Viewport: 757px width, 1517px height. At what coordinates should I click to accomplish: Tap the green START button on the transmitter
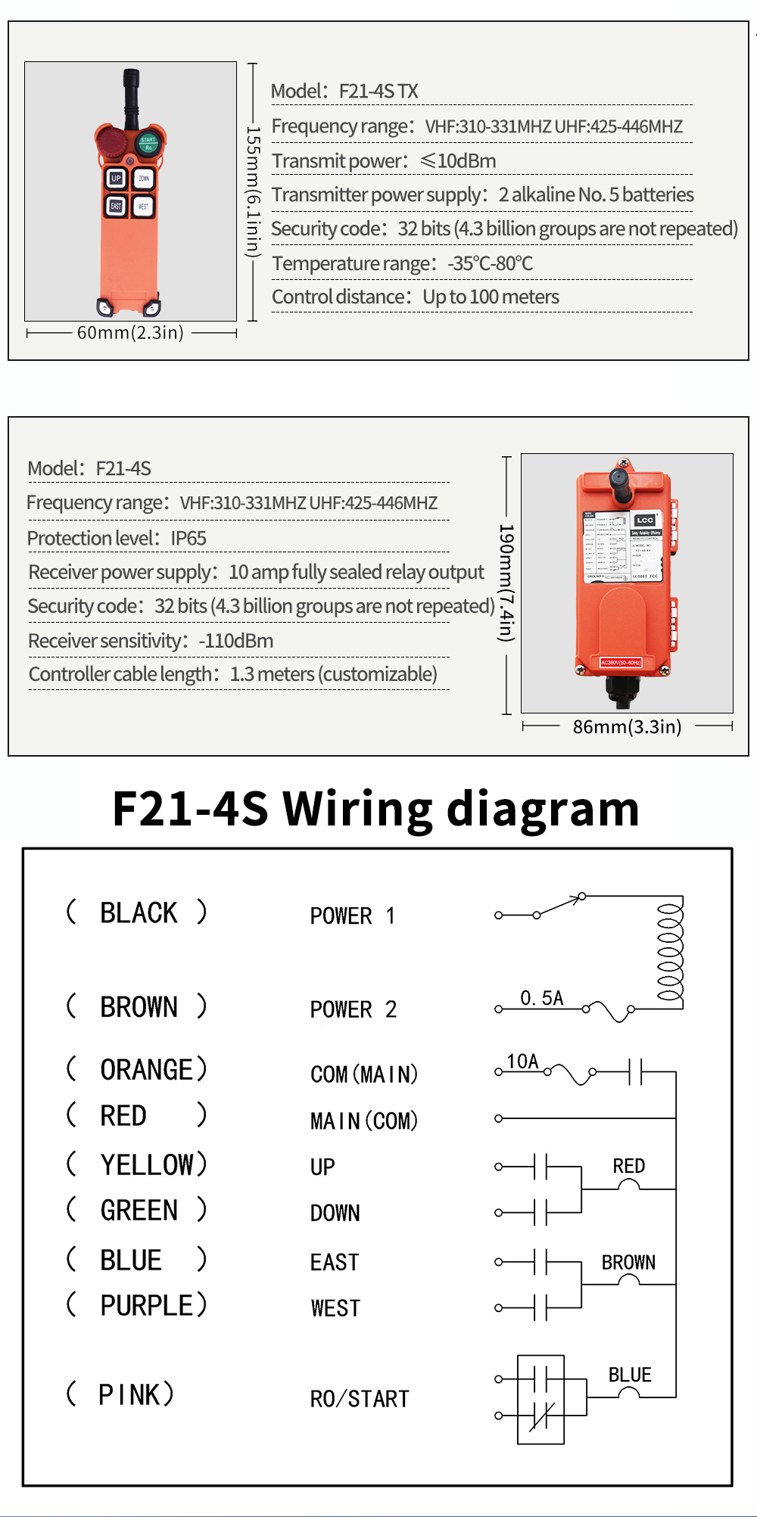click(148, 141)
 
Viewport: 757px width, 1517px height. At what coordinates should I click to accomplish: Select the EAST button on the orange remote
click(115, 206)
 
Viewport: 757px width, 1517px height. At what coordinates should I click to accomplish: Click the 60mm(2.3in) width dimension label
click(130, 333)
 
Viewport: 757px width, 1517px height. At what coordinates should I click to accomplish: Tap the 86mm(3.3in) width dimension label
click(627, 727)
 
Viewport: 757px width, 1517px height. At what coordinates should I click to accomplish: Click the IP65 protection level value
click(188, 539)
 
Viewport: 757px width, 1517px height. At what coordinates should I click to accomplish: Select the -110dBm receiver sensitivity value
click(235, 642)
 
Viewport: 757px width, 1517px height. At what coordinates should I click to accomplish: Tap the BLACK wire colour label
click(139, 913)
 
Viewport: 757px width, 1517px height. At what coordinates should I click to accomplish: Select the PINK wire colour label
click(129, 1394)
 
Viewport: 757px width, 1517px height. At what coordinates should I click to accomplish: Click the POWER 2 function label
click(353, 1009)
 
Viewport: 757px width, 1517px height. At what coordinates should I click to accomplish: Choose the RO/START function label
click(360, 1399)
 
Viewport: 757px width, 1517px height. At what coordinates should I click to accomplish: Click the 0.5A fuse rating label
click(541, 999)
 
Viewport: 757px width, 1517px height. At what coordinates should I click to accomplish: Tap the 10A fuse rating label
click(522, 1062)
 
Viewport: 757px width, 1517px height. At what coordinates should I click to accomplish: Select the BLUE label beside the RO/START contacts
click(630, 1375)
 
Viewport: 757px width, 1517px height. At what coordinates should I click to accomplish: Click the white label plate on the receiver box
click(623, 546)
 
